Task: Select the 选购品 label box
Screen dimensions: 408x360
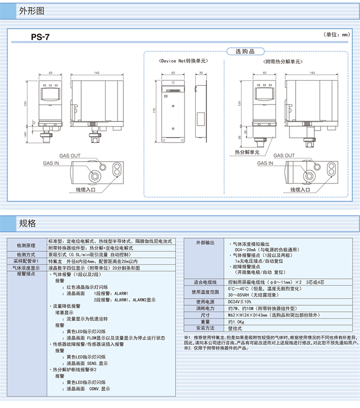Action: coord(245,51)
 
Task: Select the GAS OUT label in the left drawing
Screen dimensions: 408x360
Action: coord(70,156)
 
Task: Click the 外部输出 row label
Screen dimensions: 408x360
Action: coord(205,243)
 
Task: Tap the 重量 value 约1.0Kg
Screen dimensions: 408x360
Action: coord(237,321)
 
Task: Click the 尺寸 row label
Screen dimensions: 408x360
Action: coord(205,314)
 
